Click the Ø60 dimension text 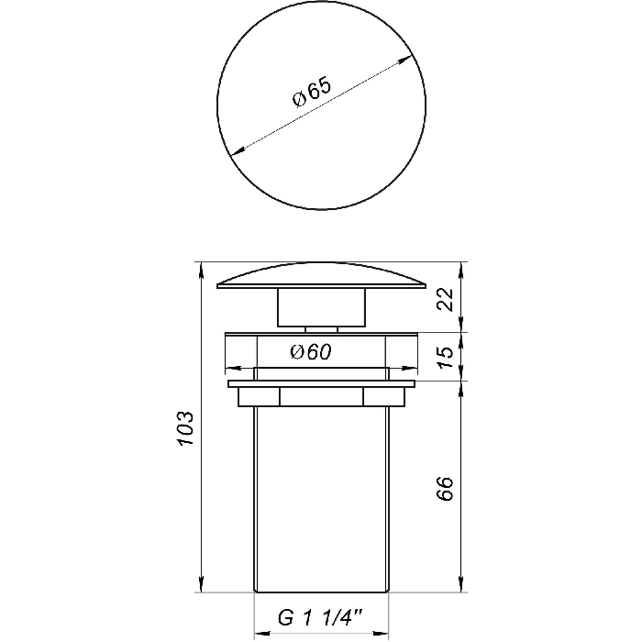(311, 351)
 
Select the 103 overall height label (185, 428)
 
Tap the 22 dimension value (446, 300)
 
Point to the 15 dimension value (446, 358)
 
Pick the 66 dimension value (446, 488)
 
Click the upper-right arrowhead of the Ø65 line (405, 60)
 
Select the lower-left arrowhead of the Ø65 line (238, 151)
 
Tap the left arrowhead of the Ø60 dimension (233, 368)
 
